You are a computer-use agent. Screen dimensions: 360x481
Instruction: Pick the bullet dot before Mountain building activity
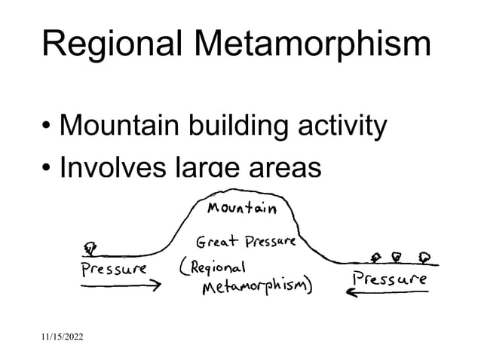[47, 127]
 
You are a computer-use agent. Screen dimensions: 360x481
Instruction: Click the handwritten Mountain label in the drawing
[241, 207]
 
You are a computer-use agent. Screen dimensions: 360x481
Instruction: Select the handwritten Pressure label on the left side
[114, 268]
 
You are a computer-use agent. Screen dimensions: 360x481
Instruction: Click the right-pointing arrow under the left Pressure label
[121, 285]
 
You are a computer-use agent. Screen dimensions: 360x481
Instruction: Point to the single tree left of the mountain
[91, 247]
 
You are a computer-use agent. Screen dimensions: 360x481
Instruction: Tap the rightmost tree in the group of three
[426, 256]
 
